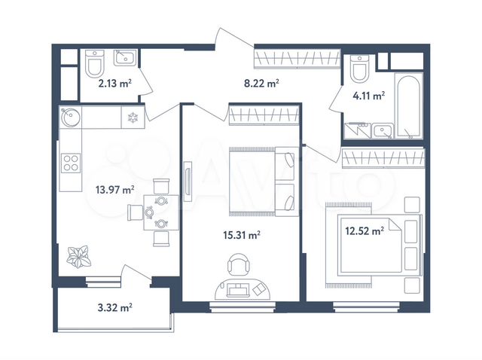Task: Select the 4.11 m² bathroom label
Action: click(370, 96)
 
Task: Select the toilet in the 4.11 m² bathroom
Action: click(358, 69)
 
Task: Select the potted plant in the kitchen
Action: click(78, 257)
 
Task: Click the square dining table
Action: click(162, 212)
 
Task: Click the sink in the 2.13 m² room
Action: click(124, 57)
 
